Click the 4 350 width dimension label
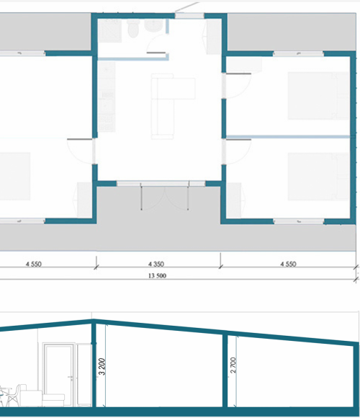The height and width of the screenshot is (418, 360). tap(156, 264)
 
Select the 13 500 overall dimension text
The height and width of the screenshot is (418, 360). tap(157, 275)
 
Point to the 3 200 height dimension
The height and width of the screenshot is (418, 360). tap(102, 366)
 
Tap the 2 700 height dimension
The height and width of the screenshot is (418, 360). tap(233, 365)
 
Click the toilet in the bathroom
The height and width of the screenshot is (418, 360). tap(133, 28)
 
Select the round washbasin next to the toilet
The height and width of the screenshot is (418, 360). tap(153, 26)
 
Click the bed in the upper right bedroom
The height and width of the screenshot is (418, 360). tap(318, 96)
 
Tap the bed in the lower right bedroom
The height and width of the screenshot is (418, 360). tap(318, 177)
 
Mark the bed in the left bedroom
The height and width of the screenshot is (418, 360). tap(15, 177)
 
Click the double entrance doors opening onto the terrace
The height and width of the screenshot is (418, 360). tap(165, 197)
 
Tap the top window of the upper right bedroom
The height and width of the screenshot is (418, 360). tap(299, 53)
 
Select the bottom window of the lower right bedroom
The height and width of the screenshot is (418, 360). tap(299, 221)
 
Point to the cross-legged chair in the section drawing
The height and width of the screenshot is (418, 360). tap(14, 395)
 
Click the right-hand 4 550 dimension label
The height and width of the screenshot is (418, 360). tap(288, 264)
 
